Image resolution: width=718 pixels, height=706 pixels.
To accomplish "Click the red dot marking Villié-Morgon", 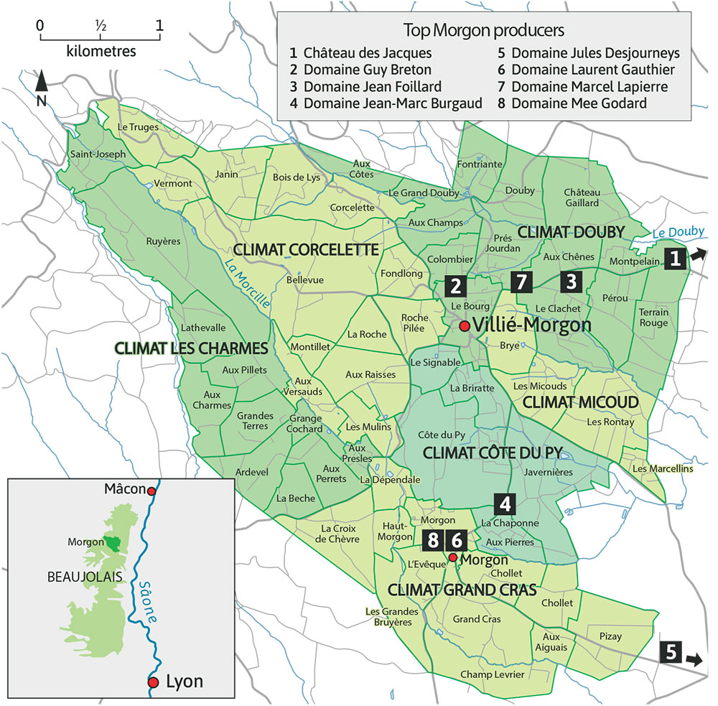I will (465, 326).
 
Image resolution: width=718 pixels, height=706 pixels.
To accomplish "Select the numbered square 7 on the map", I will (522, 282).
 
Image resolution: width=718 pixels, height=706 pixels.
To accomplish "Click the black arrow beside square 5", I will (695, 658).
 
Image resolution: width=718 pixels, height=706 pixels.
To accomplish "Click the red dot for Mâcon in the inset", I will (151, 491).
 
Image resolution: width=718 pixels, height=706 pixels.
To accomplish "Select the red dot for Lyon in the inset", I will (153, 682).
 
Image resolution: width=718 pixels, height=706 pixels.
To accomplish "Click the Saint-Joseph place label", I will (98, 154).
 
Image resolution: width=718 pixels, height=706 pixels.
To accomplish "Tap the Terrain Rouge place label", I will (653, 317).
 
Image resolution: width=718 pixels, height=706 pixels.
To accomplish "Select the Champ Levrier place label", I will (485, 674).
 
